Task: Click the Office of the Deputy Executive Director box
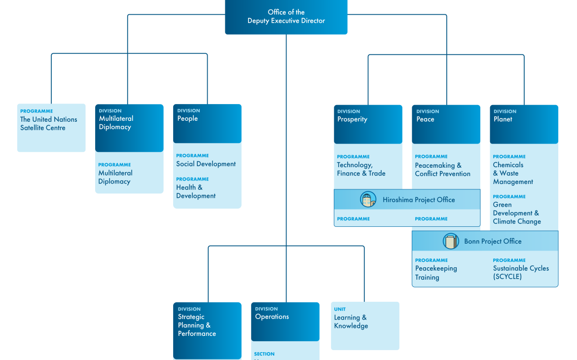tap(286, 17)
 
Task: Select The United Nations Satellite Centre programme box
tap(51, 127)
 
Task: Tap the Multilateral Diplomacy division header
tap(129, 127)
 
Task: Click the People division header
tap(207, 123)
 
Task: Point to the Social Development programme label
tap(206, 164)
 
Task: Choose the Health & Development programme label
tap(196, 191)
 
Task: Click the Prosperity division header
tap(367, 123)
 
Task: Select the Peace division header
tap(446, 123)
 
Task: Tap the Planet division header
tap(524, 123)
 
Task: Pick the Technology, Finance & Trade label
tap(361, 169)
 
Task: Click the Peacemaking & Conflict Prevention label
tap(442, 170)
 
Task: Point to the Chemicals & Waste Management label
tap(513, 173)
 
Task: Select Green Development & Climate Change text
tap(516, 213)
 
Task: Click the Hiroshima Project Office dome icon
tap(368, 200)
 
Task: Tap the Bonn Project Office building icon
tap(451, 241)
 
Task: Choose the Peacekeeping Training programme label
tap(435, 273)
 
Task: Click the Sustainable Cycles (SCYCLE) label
tap(521, 273)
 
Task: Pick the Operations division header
tap(285, 321)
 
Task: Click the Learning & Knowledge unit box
tap(365, 325)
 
